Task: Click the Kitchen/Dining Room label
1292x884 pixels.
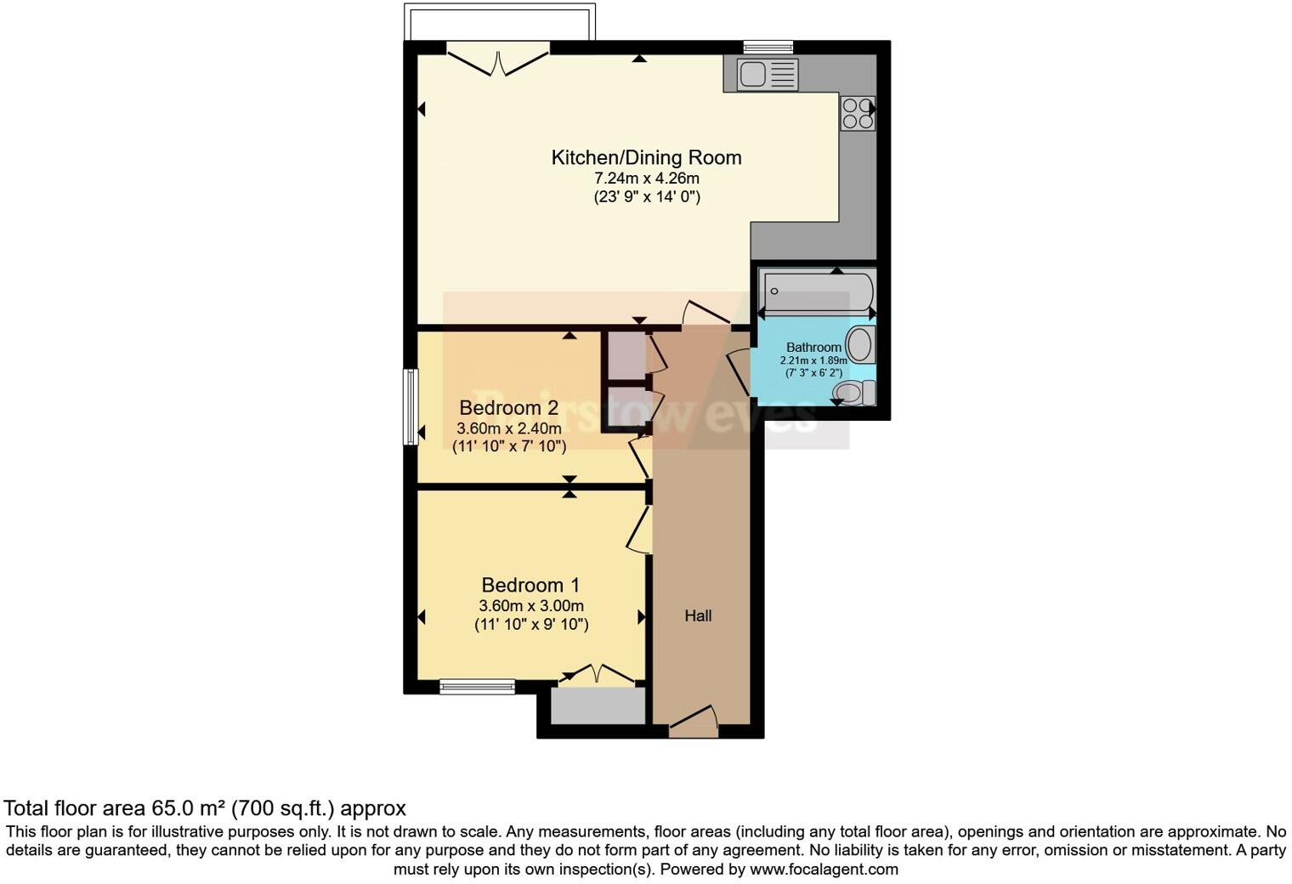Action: pos(646,157)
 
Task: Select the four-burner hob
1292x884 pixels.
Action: pos(857,113)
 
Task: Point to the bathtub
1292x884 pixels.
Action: pos(816,292)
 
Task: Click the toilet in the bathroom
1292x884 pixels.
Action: pos(853,392)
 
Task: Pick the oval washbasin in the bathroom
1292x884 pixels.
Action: pos(859,345)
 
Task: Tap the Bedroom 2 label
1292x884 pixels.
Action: pos(508,408)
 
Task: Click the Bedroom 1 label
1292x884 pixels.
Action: pos(530,585)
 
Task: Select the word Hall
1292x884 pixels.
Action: pos(698,615)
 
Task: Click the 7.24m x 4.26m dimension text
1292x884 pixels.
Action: pos(646,178)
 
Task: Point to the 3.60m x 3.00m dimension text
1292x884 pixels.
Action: pos(530,606)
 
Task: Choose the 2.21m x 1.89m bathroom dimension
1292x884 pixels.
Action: pos(813,360)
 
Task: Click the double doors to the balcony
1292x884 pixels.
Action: pos(499,61)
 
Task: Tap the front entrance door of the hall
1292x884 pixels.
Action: pos(693,721)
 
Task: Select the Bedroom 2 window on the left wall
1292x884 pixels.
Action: pos(411,406)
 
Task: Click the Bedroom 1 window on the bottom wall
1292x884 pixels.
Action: pos(477,686)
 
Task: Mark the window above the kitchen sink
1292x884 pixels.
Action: pos(768,47)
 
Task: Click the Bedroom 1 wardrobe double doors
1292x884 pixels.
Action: pos(597,674)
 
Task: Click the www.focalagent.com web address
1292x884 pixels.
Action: pos(823,869)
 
